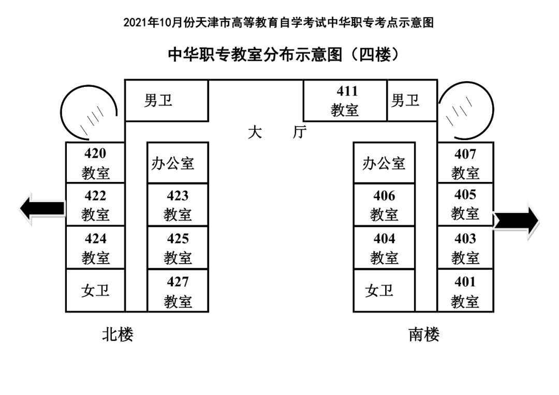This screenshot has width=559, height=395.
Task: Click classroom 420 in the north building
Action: [95, 162]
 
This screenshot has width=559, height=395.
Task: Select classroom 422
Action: [95, 204]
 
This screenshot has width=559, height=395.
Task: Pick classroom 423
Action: [178, 204]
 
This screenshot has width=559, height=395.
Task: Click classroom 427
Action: [178, 291]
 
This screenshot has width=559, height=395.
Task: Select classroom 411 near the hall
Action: [345, 100]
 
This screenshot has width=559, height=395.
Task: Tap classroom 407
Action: [465, 162]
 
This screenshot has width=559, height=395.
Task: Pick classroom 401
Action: [465, 291]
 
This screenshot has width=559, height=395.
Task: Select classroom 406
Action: [384, 204]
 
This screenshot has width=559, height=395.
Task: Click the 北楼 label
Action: [117, 334]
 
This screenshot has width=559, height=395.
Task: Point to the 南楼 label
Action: [424, 335]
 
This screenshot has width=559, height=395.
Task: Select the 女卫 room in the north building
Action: [95, 290]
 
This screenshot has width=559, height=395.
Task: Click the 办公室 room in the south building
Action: [384, 163]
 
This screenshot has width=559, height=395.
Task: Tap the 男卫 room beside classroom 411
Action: [405, 100]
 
